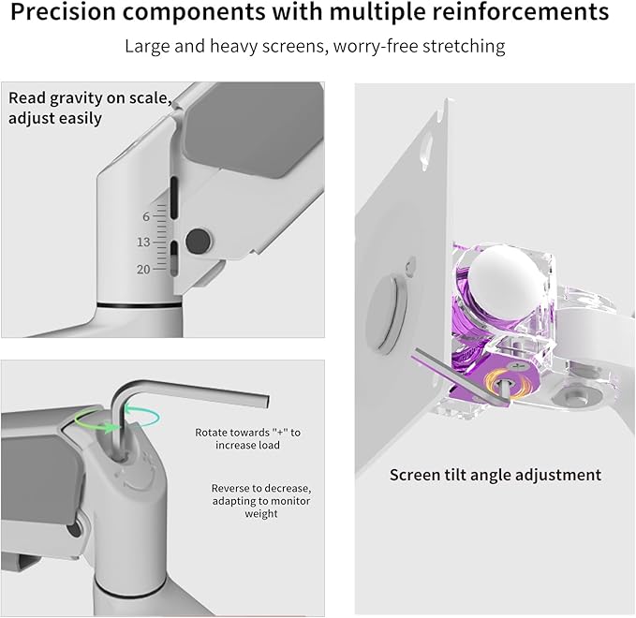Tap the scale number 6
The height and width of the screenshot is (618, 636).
(146, 216)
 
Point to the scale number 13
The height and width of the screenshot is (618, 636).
(143, 243)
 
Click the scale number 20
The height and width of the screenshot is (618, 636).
(143, 270)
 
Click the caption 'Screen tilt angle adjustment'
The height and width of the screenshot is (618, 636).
(495, 475)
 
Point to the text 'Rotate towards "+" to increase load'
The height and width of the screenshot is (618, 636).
(248, 438)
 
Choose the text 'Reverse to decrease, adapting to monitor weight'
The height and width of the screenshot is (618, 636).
(247, 501)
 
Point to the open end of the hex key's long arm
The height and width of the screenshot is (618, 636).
(268, 401)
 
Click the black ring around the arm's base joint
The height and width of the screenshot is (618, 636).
(141, 305)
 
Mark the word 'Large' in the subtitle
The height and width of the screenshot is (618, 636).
(147, 46)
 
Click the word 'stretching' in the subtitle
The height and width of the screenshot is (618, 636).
(469, 46)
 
